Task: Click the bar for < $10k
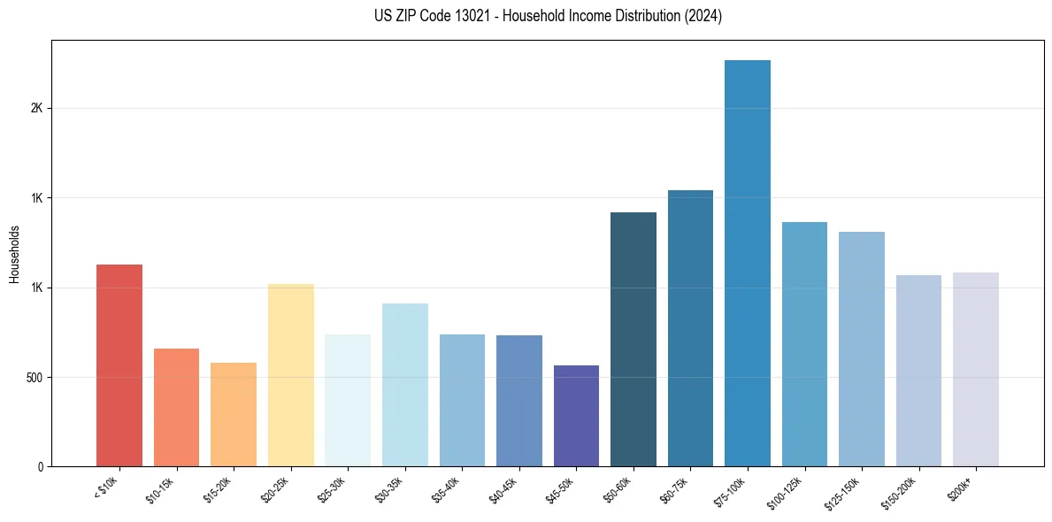coord(119,365)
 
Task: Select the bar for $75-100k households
coord(748,263)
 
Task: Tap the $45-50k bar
coord(576,416)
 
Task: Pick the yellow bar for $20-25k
coord(291,374)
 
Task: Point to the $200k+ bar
coord(976,369)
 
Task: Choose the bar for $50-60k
coord(634,339)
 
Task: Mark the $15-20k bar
coord(234,414)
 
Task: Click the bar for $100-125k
coord(804,344)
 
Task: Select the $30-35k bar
coord(405,385)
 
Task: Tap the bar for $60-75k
coord(690,328)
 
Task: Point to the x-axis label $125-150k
coord(842,491)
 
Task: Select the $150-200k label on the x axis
coord(899,491)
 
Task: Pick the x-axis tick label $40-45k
coord(503,488)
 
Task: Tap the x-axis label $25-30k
coord(332,488)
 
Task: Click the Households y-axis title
coord(15,253)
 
